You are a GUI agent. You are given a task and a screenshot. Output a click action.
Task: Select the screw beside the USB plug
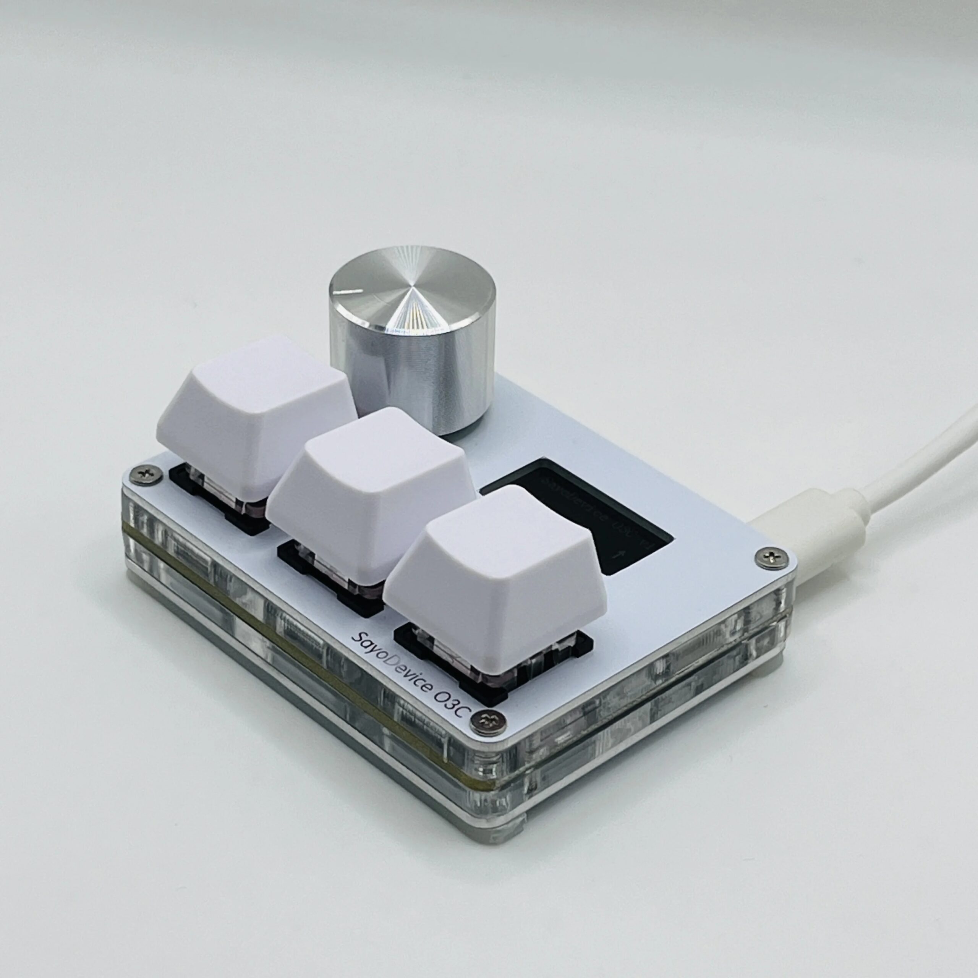768,557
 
